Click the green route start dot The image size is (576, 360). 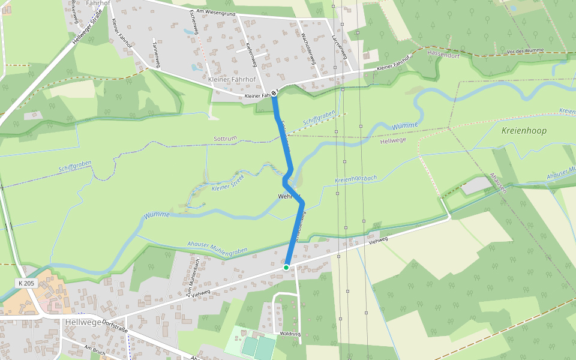click(286, 267)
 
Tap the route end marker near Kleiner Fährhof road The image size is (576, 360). click(274, 92)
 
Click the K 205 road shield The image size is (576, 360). click(26, 283)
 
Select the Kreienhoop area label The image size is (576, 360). click(523, 130)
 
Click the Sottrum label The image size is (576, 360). click(225, 139)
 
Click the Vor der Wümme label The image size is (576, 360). click(525, 51)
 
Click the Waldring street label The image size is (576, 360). click(290, 333)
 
